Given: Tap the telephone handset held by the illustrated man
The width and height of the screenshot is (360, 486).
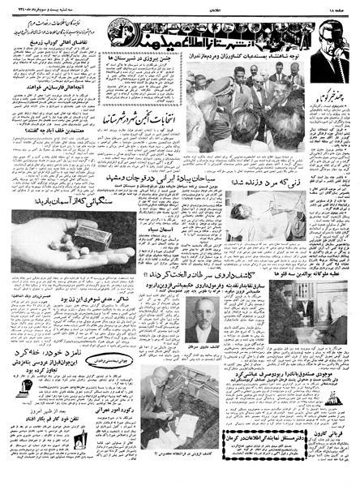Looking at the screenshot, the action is (319, 57).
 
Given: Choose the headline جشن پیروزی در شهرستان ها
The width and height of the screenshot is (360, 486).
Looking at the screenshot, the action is (151, 59).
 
